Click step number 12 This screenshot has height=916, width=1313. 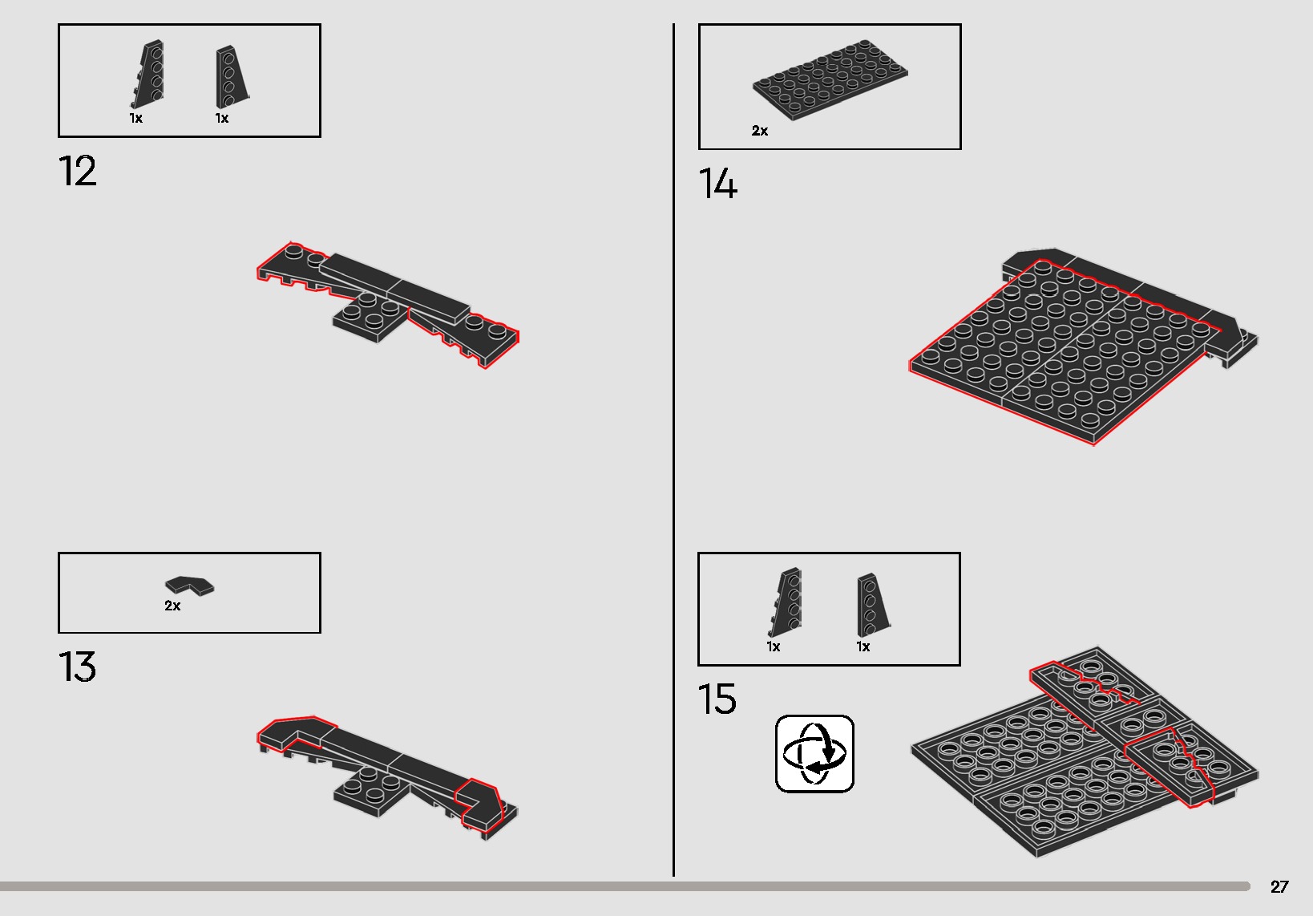pyautogui.click(x=78, y=172)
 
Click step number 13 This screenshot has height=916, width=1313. pyautogui.click(x=78, y=667)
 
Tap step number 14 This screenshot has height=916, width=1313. pyautogui.click(x=717, y=184)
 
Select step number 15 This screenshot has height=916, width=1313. pyautogui.click(x=717, y=699)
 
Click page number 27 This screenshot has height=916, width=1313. pyautogui.click(x=1279, y=886)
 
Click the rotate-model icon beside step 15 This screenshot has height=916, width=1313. pyautogui.click(x=814, y=753)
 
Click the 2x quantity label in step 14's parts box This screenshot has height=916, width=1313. pyautogui.click(x=759, y=131)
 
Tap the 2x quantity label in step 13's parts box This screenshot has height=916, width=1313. pyautogui.click(x=172, y=606)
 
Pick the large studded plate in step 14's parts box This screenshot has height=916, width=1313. pyautogui.click(x=830, y=80)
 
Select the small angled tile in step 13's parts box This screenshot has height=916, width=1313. pyautogui.click(x=190, y=586)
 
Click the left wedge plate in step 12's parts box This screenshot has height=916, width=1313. pyautogui.click(x=149, y=75)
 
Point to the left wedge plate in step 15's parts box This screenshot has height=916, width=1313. pyautogui.click(x=787, y=602)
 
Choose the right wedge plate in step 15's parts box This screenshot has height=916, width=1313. pyautogui.click(x=871, y=602)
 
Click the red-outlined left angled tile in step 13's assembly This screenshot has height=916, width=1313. pyautogui.click(x=293, y=732)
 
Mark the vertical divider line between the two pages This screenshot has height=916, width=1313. pyautogui.click(x=673, y=449)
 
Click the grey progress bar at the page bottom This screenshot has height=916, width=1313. pyautogui.click(x=625, y=886)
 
